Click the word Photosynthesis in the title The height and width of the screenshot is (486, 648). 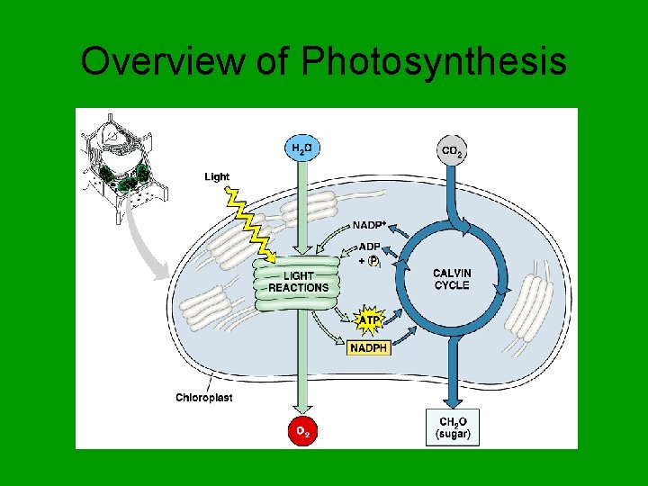[434, 62]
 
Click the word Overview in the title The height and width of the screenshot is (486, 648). [159, 62]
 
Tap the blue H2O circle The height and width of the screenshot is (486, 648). [302, 149]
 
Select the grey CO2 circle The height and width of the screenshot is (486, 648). [452, 150]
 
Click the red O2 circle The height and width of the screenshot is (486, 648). [302, 432]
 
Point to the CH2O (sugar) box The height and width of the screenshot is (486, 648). [452, 427]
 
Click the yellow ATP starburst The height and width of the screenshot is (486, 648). [369, 319]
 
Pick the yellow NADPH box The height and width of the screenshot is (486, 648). [369, 347]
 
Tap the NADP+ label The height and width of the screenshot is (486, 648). [369, 225]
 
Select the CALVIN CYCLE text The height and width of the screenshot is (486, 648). [452, 279]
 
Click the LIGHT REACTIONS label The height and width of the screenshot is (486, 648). [299, 282]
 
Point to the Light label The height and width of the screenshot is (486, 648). [217, 177]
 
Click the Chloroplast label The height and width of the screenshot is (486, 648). [203, 397]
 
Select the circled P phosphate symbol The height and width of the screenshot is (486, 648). [373, 262]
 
